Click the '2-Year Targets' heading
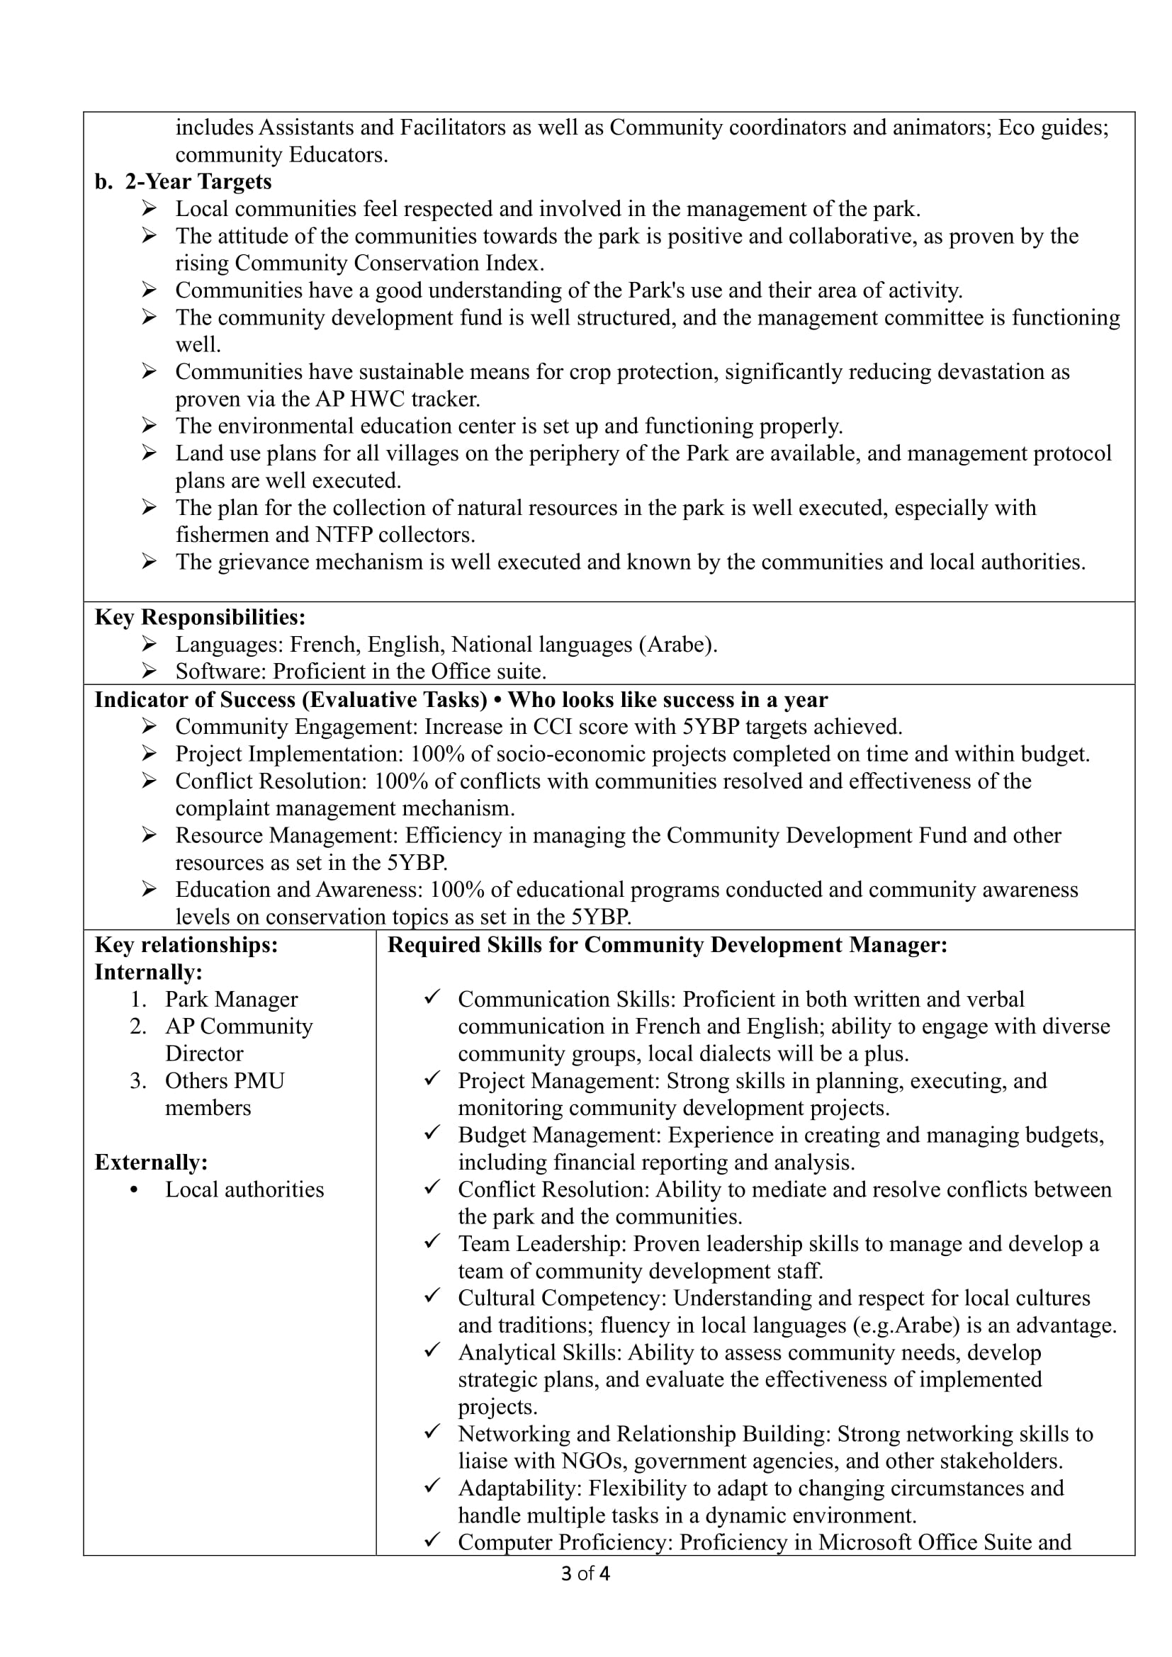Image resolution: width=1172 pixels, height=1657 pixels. tap(198, 182)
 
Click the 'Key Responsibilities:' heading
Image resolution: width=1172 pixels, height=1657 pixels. tap(200, 617)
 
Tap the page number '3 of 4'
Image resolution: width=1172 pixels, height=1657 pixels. tap(585, 1573)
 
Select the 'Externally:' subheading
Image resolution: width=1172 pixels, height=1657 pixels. tap(151, 1162)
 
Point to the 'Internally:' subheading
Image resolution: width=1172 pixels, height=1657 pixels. tap(149, 972)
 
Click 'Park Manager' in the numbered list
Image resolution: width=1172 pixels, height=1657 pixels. tap(231, 1000)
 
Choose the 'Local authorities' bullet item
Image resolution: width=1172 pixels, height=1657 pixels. tap(244, 1189)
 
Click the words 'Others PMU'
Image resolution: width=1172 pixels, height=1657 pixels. tap(225, 1080)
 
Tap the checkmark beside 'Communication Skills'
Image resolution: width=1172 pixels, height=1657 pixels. tap(432, 997)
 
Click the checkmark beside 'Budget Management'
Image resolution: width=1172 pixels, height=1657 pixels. tap(432, 1133)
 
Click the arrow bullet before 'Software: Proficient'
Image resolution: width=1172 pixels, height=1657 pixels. tap(149, 672)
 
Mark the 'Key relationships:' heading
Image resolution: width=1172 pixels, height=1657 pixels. tap(186, 946)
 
